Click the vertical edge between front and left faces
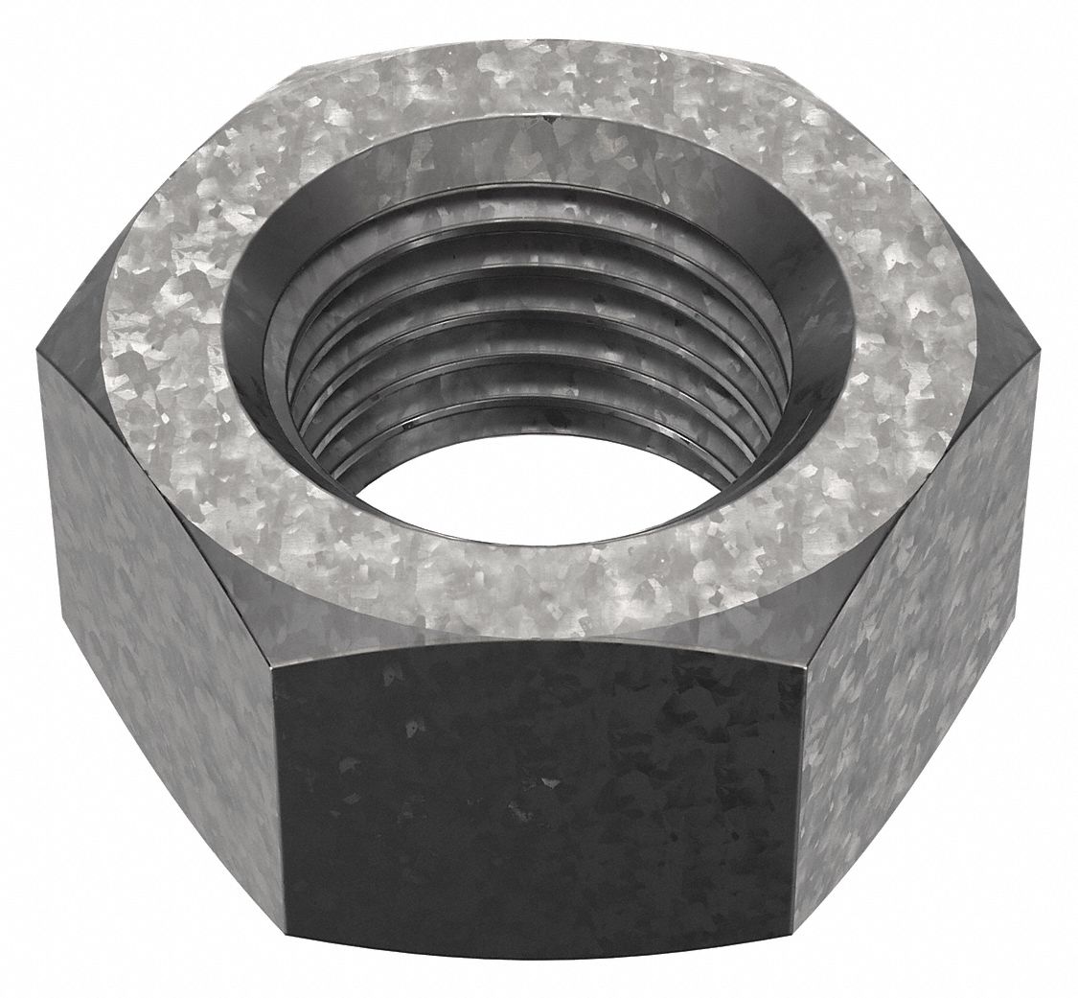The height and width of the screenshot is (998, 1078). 278,796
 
